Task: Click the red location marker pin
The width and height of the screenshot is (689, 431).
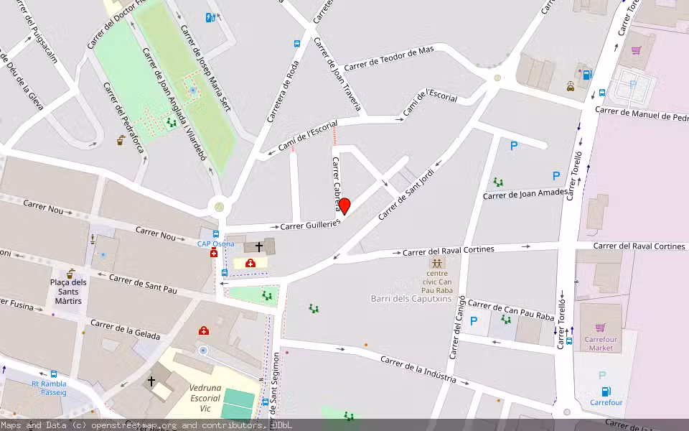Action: pos(344,206)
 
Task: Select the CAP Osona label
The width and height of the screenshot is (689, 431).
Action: pos(216,244)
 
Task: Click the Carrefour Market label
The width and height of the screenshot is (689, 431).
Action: pos(599,343)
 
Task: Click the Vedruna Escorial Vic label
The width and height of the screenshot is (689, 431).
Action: pos(205,397)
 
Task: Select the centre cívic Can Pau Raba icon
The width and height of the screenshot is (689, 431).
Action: pos(437,262)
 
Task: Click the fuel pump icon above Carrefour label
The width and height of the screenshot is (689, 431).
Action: pos(606,391)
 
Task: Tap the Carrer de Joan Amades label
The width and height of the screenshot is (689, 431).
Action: pos(525,194)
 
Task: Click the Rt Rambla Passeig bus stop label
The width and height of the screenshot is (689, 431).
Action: pos(49,388)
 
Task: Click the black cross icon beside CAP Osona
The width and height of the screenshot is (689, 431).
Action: pos(259,246)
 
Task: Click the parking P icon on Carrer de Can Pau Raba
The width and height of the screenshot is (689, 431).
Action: pos(474,321)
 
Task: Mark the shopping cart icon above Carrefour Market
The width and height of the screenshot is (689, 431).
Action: pos(600,328)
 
